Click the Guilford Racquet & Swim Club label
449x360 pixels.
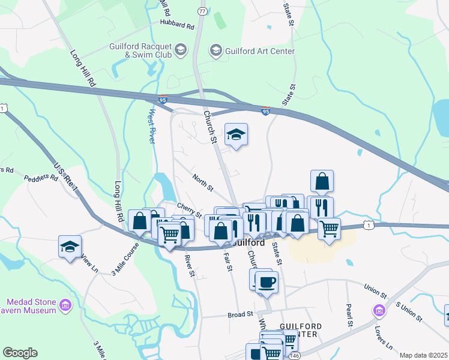(140, 51)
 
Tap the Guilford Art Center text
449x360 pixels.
(261, 51)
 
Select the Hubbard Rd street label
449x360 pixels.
(177, 26)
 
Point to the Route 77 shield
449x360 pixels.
(202, 11)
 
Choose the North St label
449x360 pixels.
(203, 182)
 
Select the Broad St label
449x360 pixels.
(242, 314)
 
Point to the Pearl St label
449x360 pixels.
(348, 312)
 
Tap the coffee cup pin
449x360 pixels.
(267, 281)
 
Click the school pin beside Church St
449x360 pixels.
(236, 135)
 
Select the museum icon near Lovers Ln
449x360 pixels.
(379, 311)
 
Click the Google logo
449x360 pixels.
(20, 353)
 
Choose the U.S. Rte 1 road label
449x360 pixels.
(67, 178)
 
